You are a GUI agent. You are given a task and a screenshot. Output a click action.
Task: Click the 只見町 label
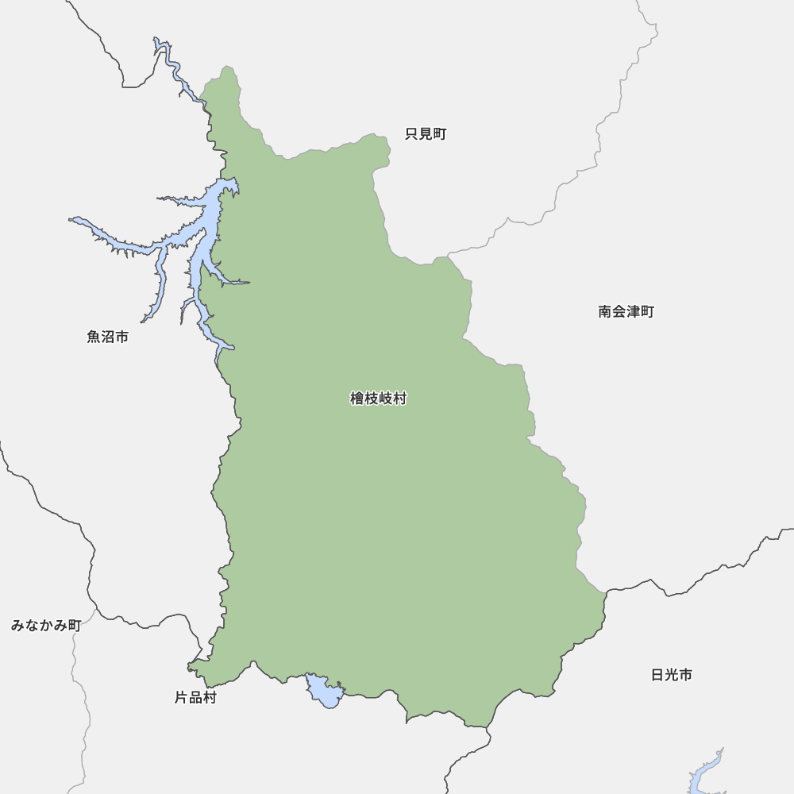click(x=426, y=134)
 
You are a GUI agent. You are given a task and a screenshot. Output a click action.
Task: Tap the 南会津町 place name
click(x=626, y=311)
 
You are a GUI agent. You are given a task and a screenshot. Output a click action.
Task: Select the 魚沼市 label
click(x=107, y=337)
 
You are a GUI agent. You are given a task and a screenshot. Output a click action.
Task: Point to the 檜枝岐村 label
click(x=378, y=399)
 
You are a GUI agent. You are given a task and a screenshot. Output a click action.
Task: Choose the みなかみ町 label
click(x=46, y=625)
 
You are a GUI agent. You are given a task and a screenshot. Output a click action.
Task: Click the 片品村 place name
click(x=195, y=698)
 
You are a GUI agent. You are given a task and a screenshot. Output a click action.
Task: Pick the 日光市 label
click(x=671, y=675)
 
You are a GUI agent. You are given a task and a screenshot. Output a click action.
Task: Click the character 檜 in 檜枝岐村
click(x=357, y=399)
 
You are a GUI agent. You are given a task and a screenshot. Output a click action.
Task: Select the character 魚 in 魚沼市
click(x=94, y=337)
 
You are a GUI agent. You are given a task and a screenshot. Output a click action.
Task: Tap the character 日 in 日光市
click(x=657, y=675)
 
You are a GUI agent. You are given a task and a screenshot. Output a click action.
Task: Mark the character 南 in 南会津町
click(x=605, y=311)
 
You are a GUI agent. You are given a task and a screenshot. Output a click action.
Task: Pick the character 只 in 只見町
click(x=412, y=134)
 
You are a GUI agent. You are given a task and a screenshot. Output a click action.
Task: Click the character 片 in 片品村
click(x=181, y=698)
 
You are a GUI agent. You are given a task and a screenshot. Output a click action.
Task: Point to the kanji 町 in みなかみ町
click(x=74, y=625)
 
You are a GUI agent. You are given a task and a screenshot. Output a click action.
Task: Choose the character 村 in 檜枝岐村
click(x=399, y=399)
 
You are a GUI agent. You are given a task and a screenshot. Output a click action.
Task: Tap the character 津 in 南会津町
click(x=633, y=311)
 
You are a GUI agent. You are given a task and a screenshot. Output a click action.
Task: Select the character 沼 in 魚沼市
click(x=107, y=337)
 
